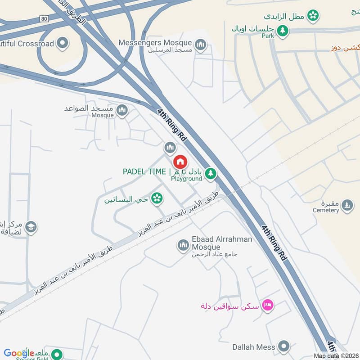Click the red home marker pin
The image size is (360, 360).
coord(180,161)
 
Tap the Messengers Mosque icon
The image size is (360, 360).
coord(200,44)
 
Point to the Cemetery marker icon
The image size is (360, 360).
coord(346,206)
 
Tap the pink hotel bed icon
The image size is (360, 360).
coord(268,306)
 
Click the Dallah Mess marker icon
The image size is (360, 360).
coord(283,347)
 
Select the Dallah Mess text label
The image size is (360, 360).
coord(253,347)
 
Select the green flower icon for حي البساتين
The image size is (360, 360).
coord(157,198)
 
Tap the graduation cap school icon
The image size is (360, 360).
coord(31,226)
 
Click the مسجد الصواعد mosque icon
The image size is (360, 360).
coord(121,110)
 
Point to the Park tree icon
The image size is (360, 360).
coord(283,31)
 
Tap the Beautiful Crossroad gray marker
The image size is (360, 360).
coord(63,44)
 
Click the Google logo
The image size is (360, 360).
coord(19,353)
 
